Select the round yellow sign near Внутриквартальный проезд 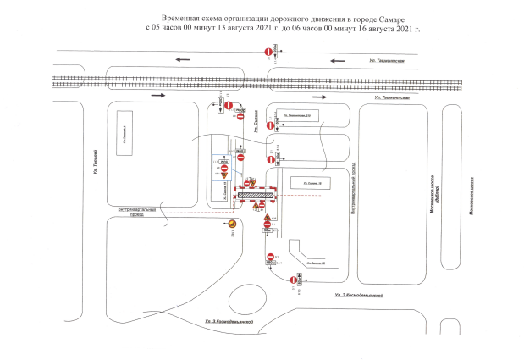(233, 223)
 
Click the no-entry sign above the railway (270, 53)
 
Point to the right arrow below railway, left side (156, 95)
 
